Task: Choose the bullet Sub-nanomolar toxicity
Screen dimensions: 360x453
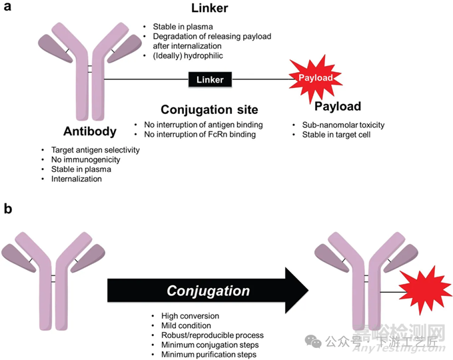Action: pos(338,125)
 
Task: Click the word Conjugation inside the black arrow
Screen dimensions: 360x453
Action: pos(209,291)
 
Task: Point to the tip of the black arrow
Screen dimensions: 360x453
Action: pos(308,291)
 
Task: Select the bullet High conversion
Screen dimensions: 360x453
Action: pos(189,315)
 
